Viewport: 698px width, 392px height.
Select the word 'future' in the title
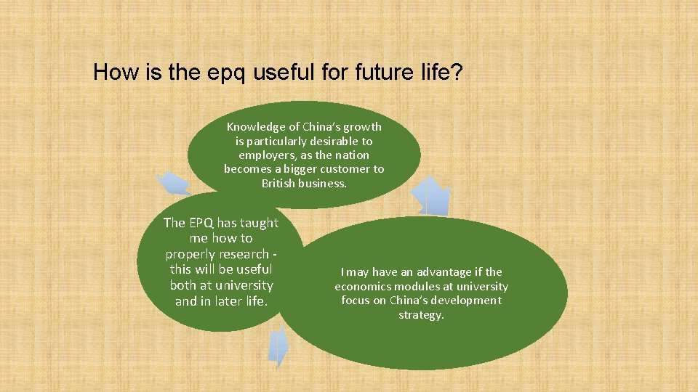pos(386,73)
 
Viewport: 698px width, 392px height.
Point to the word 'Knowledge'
pos(254,127)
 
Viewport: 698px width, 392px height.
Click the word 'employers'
pos(267,155)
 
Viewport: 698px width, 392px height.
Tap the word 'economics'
pos(363,287)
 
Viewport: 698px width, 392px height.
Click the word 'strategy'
pos(421,315)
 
